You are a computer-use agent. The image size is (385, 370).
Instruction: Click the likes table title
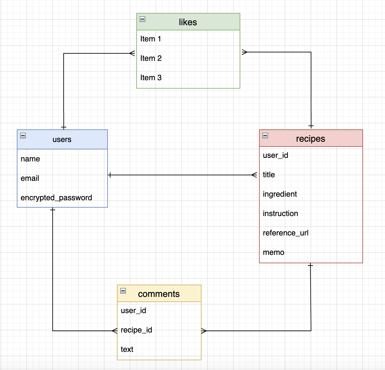188,22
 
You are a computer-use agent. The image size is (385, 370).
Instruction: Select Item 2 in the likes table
151,58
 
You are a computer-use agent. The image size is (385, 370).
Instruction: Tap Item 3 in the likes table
151,78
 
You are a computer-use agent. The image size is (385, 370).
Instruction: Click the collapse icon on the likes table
142,19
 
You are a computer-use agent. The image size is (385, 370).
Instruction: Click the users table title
62,139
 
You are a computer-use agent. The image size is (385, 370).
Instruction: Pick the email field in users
30,178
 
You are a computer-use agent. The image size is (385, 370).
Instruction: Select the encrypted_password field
56,198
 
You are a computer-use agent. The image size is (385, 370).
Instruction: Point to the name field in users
30,159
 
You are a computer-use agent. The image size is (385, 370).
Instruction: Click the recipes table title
310,138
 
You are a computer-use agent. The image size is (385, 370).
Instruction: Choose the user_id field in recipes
276,155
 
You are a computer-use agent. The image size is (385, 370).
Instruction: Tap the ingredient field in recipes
280,194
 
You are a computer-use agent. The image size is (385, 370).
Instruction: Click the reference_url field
286,233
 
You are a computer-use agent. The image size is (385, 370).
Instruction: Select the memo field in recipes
274,252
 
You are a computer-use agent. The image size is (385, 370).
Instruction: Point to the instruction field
280,213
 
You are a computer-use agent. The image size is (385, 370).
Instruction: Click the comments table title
159,294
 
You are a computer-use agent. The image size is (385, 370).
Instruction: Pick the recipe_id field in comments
136,330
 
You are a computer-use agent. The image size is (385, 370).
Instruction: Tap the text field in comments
127,349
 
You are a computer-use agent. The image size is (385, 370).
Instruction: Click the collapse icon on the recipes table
265,136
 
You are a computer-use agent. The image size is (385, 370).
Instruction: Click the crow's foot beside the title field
255,175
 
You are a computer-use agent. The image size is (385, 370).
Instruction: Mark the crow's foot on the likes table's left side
132,53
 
